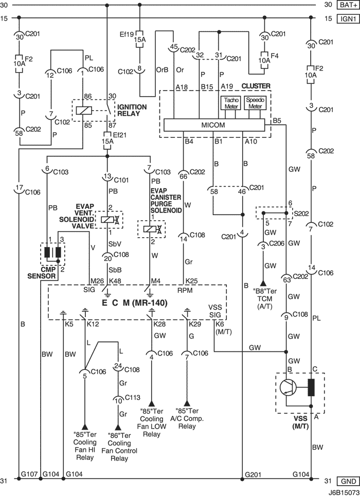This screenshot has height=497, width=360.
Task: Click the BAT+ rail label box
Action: tap(348, 5)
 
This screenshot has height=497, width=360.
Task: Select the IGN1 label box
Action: tap(348, 19)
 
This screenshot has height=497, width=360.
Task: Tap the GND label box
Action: tap(348, 482)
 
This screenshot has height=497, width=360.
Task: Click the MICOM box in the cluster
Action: tap(214, 125)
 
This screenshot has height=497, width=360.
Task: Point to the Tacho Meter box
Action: tap(231, 103)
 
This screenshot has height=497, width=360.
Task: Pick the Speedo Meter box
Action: tap(255, 103)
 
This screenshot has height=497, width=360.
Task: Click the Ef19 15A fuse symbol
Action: tap(139, 39)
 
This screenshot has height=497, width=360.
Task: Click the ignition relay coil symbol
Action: tap(84, 110)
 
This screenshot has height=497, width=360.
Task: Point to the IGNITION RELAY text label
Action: tap(132, 110)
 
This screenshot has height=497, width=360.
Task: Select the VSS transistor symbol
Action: tap(288, 387)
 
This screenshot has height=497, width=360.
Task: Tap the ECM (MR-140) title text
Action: tap(134, 303)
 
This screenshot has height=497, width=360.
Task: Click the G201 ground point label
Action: tap(253, 474)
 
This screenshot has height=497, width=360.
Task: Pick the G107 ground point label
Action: tap(29, 474)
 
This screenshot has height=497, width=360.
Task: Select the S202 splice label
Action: tap(301, 214)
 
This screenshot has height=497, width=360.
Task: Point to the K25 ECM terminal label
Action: tap(191, 281)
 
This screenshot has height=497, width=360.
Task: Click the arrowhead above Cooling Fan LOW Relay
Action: tap(152, 403)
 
